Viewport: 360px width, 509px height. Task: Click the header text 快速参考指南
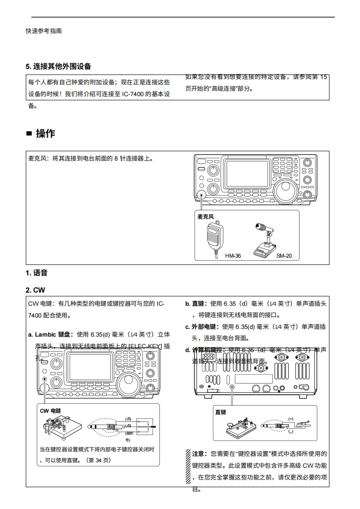click(x=44, y=31)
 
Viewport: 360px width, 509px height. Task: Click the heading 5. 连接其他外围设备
click(x=59, y=66)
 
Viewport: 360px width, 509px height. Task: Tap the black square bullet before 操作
click(x=29, y=134)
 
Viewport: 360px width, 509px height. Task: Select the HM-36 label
click(x=233, y=256)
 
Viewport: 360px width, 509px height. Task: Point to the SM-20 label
click(x=284, y=256)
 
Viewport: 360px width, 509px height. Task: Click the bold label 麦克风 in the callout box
click(x=206, y=217)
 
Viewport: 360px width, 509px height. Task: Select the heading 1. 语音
click(x=37, y=273)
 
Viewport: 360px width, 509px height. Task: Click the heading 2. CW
click(x=35, y=290)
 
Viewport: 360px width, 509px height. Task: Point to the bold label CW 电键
click(x=50, y=411)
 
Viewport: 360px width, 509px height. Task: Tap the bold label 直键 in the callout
click(x=221, y=412)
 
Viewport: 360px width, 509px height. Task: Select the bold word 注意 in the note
click(x=199, y=454)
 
